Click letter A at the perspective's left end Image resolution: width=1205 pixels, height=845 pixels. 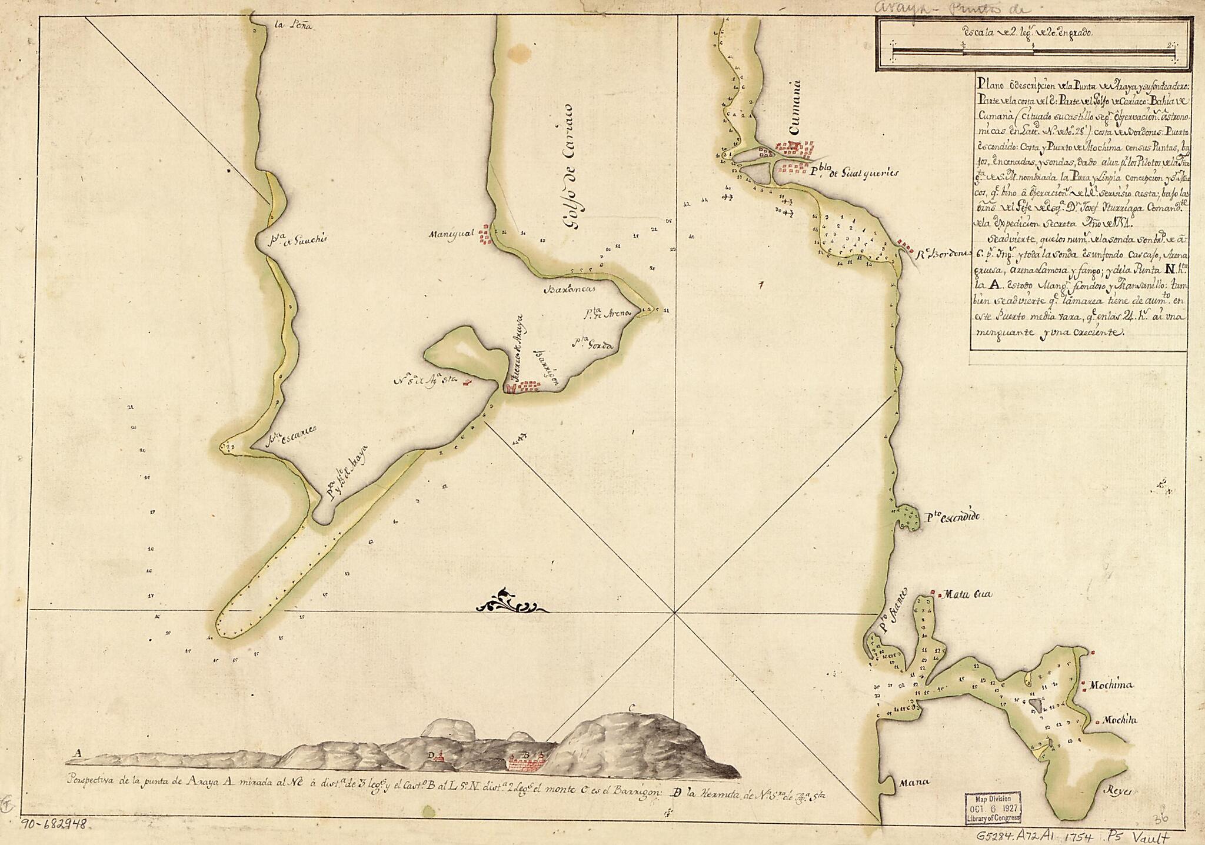point(76,753)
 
